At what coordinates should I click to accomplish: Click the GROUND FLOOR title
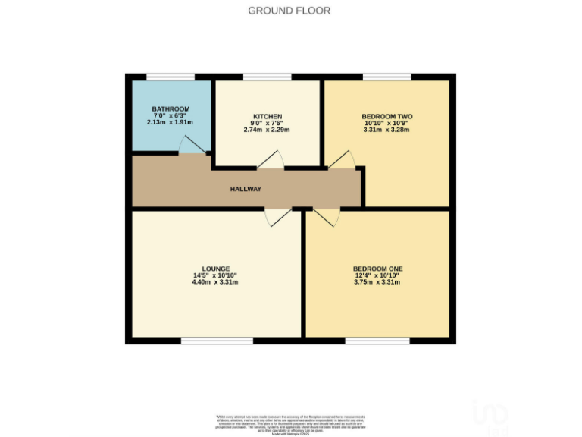coord(289,11)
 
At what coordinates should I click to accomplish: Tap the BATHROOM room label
coord(171,109)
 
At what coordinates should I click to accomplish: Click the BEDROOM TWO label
coord(387,116)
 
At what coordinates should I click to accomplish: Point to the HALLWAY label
coord(246,189)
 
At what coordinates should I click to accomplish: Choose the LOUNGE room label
coord(216,269)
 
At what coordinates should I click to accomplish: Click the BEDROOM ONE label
coord(377,269)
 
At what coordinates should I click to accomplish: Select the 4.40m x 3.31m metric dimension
coord(216,282)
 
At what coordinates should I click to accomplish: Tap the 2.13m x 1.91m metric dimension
coord(171,122)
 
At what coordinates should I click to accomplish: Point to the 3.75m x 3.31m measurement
coord(377,282)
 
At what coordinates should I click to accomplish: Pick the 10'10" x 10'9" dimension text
coord(387,123)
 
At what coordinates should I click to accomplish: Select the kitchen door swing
coord(270,159)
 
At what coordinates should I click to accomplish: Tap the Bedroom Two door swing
coord(341,159)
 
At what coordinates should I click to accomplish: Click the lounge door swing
coord(277,216)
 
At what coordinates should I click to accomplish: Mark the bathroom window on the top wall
coord(171,77)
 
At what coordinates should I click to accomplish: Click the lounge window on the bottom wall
coord(217,341)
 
